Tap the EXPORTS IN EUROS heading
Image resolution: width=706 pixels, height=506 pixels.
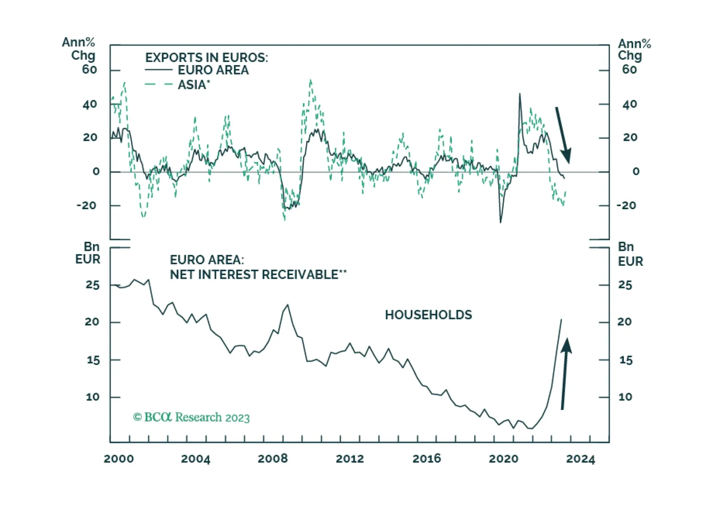click(207, 57)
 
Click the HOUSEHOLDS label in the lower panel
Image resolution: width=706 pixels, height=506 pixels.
click(428, 315)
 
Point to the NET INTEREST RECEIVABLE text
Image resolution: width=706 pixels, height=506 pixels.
click(258, 274)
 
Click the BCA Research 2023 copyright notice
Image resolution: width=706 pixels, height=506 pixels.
click(191, 417)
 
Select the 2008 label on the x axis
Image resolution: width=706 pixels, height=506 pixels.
click(272, 459)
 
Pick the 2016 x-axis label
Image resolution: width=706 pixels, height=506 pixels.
click(427, 459)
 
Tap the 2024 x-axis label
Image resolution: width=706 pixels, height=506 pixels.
click(580, 459)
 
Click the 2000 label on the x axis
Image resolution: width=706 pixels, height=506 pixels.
click(119, 459)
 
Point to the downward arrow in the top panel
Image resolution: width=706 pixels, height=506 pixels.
click(563, 135)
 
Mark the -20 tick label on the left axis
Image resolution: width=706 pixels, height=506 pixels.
click(86, 206)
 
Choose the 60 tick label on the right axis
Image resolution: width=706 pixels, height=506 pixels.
click(629, 69)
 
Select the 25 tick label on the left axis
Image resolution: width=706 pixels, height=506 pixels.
click(92, 285)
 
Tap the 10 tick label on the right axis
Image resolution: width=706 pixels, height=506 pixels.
click(625, 397)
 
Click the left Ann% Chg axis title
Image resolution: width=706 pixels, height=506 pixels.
click(79, 49)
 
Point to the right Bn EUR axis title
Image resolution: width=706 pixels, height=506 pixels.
click(630, 254)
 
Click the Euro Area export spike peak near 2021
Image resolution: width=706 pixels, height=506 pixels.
click(520, 94)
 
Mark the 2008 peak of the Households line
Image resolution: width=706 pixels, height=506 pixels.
click(288, 305)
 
